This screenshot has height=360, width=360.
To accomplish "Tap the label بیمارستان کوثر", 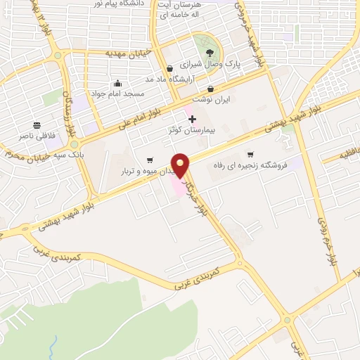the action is point(192,131).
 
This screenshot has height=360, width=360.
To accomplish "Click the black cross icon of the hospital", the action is point(192,120).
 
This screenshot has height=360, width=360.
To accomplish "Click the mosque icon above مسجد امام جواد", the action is point(117,83).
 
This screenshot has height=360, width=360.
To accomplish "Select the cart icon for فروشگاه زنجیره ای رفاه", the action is point(250,155).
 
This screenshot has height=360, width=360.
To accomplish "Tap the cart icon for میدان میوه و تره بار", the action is point(149,160).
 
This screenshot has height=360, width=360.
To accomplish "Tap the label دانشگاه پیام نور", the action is point(134,4).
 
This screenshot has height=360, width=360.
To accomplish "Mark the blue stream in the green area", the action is point(55,347).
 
